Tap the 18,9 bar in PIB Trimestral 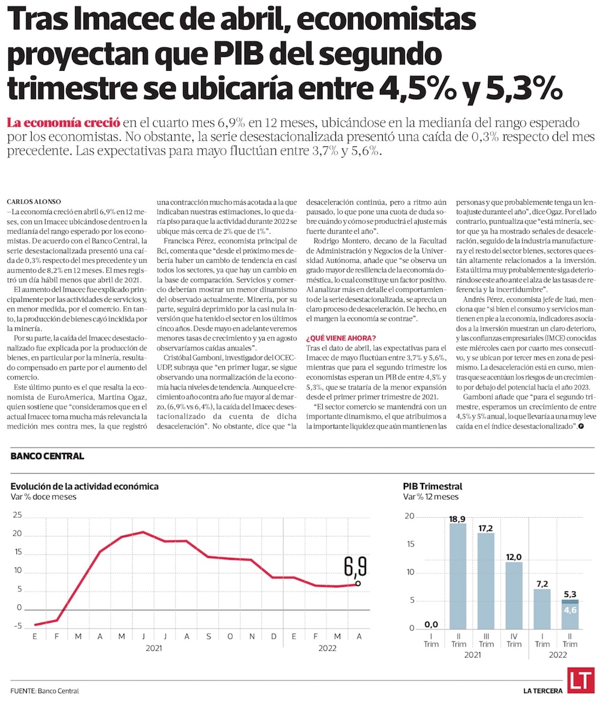coord(458,576)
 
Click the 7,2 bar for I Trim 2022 coord(542,608)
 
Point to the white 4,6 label coord(570,610)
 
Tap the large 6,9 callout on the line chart coord(355,566)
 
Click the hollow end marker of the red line coord(358,583)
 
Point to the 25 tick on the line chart coord(16,515)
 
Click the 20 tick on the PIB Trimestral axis coord(410,516)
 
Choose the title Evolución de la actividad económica coord(85,486)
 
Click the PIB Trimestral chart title coord(433,486)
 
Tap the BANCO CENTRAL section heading coord(47,456)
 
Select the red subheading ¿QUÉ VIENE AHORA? coord(341,337)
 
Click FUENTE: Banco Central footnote coord(44,691)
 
